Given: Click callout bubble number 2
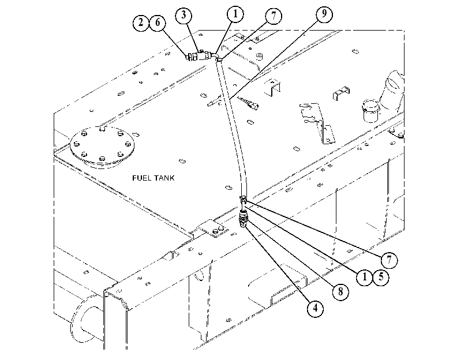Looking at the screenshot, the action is coord(141,22).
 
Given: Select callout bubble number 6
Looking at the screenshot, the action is coord(158,22).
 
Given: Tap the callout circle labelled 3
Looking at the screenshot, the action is coord(184,14).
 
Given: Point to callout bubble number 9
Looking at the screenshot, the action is coord(324,14).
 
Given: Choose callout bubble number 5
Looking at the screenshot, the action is coord(381,277).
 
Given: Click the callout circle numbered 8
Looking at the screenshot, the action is coord(340,292).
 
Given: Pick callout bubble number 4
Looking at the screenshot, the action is coord(316,308).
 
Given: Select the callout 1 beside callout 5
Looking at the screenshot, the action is coord(365,277).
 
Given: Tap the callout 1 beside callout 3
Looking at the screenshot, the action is coord(235,14).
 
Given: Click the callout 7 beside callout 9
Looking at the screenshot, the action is coord(274,16).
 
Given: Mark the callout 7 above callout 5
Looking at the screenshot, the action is coord(389,260).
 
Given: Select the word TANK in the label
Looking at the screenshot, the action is coord(163,178).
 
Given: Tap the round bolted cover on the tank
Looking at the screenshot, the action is coord(102,145).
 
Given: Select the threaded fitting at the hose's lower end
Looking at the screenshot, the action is coord(244,219).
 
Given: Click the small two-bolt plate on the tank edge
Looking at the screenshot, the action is coord(212,228).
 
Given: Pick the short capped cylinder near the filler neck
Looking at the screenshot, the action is coord(370,111).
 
